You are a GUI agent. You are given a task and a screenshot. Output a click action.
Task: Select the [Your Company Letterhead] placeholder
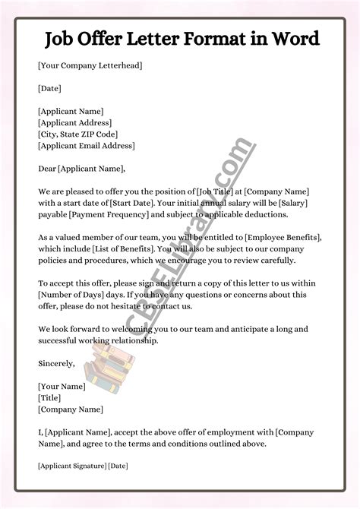point(89,66)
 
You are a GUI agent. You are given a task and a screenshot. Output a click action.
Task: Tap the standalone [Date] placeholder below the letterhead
point(51,88)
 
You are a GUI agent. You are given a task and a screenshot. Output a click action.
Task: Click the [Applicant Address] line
point(74,122)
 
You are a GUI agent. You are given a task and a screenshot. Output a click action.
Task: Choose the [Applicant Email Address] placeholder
point(86,145)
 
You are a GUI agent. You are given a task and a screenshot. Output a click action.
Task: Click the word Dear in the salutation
point(46,168)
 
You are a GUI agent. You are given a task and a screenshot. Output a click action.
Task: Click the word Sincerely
point(56,363)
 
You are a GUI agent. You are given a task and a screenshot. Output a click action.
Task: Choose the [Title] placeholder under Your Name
point(51,397)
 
